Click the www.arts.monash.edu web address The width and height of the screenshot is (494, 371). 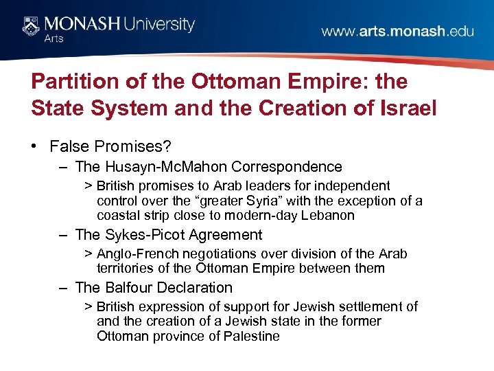tap(398, 32)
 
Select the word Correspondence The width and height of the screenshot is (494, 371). tap(287, 166)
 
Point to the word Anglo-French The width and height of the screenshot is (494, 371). tap(137, 254)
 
